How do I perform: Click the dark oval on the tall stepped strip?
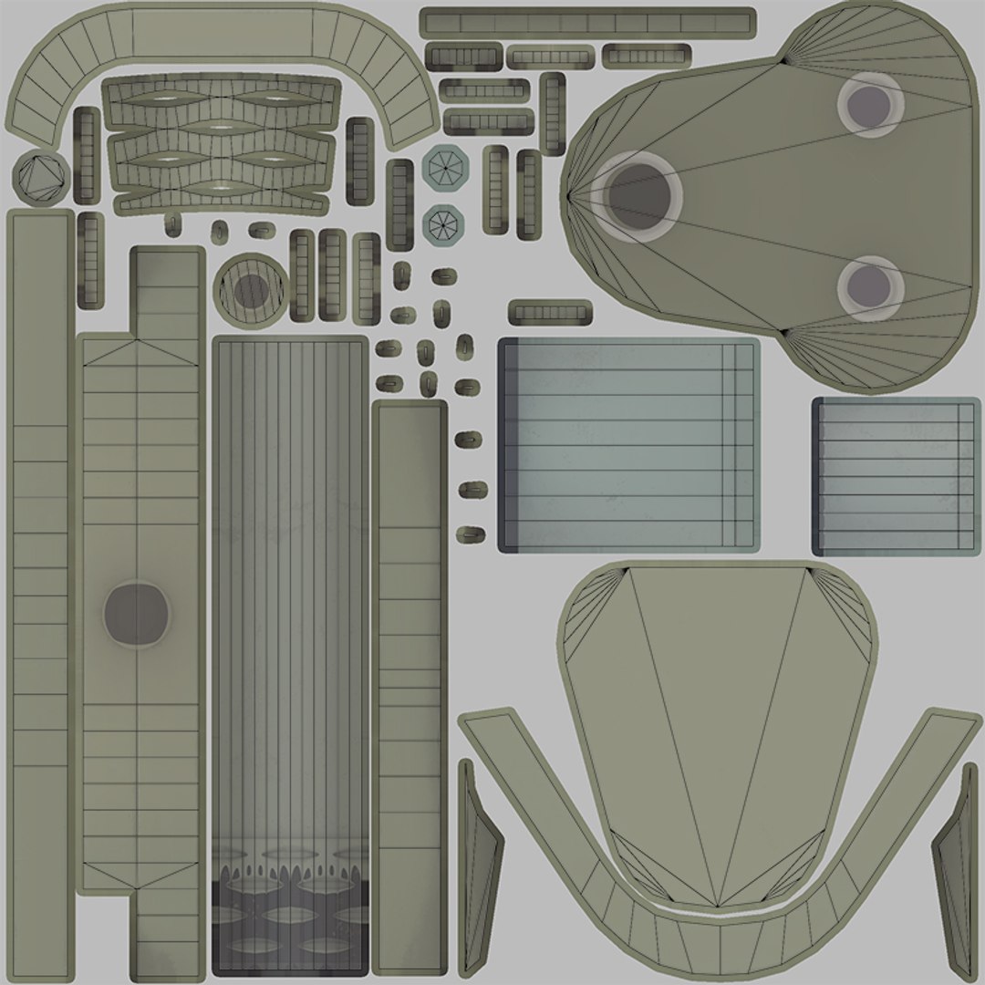[137, 614]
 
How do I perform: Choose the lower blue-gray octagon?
[444, 223]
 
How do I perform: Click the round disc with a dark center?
[250, 290]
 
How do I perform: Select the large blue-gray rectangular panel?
[628, 444]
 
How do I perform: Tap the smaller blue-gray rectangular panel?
[897, 476]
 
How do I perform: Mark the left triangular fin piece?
[480, 866]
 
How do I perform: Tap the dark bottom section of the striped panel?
[290, 921]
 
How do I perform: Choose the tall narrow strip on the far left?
[40, 593]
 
